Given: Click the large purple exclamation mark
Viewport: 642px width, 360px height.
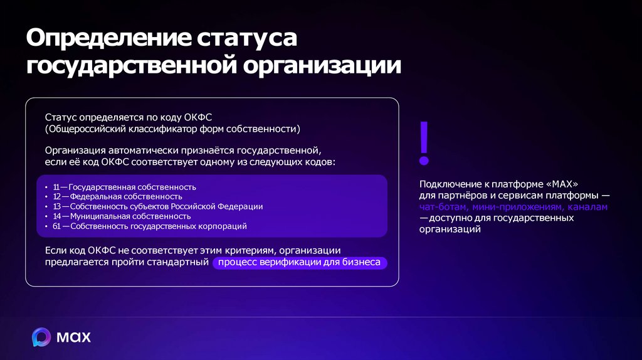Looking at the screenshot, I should click(424, 144).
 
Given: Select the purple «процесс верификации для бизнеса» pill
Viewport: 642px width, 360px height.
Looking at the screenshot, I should click(300, 262).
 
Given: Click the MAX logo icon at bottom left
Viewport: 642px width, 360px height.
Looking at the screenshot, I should click(41, 337).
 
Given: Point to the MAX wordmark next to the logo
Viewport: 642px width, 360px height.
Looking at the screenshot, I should click(74, 337).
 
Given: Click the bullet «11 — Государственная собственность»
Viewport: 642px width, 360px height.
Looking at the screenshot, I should click(125, 187).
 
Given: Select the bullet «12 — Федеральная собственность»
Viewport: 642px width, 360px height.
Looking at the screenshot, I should click(118, 196).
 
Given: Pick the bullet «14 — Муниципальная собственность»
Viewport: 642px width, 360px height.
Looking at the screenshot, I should click(122, 216).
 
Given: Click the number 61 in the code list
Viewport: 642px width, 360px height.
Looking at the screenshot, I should click(56, 226).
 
